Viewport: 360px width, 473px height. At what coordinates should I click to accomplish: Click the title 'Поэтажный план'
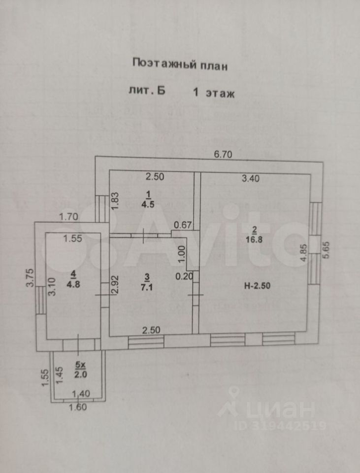[180, 65]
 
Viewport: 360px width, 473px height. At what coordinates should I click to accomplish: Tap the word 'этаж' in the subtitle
[220, 92]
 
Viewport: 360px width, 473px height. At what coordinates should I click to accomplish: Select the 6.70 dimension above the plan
[223, 154]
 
